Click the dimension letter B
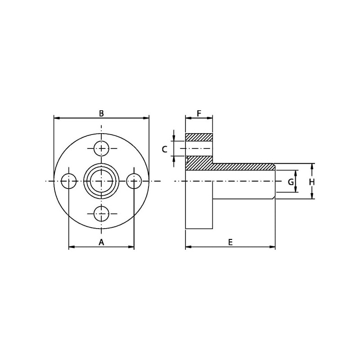point(101,113)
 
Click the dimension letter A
point(101,242)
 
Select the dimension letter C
point(164,149)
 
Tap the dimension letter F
point(199,113)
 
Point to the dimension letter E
point(230,242)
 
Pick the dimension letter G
point(291,182)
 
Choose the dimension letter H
point(311,182)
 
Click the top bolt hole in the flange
point(101,148)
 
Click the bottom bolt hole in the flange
point(101,213)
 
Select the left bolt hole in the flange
point(69,181)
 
